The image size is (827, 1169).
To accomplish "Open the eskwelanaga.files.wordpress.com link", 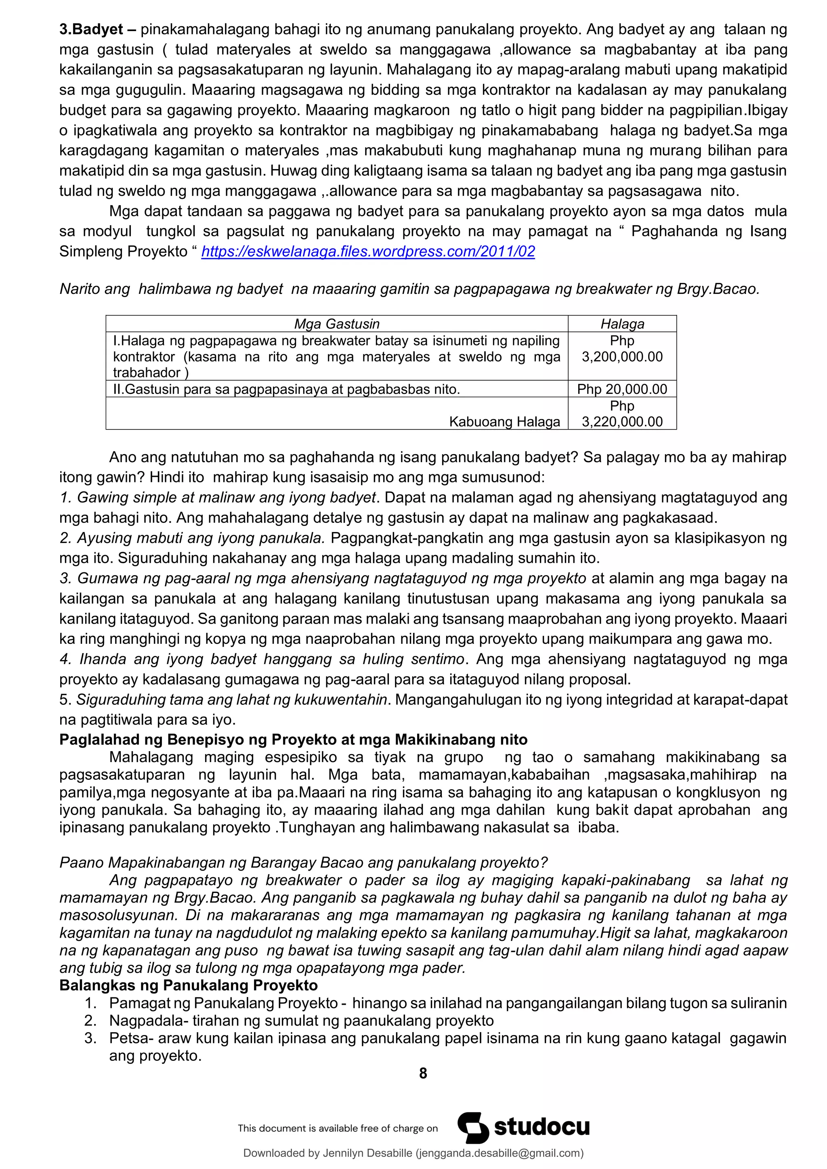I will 368,251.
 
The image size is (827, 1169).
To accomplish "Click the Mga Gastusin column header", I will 337,324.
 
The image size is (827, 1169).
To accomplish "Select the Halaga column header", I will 622,324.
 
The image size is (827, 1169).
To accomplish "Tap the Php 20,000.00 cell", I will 622,389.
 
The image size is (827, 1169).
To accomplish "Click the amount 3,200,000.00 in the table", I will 622,356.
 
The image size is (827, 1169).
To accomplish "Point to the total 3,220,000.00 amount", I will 622,421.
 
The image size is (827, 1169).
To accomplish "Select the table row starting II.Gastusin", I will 286,389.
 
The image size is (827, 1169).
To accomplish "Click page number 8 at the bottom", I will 423,1073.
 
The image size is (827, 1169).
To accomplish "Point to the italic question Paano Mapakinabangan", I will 303,863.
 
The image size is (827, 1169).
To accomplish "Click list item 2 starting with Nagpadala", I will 300,1020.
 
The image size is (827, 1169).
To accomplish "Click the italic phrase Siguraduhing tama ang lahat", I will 232,700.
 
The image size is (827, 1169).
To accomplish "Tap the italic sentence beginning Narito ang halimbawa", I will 409,289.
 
